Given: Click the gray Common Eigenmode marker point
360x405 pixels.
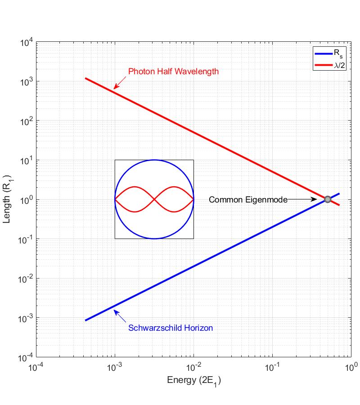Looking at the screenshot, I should [x=328, y=199].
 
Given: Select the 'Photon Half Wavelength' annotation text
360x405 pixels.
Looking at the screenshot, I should [x=173, y=71].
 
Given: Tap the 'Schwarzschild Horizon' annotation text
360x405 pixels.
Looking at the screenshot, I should [x=171, y=328].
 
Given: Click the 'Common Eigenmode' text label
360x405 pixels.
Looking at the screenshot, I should [x=248, y=199].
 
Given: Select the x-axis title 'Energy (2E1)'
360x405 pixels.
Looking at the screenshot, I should [x=194, y=381].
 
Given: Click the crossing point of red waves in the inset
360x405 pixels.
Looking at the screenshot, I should [x=154, y=199].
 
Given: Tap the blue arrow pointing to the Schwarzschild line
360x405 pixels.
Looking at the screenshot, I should [x=120, y=315].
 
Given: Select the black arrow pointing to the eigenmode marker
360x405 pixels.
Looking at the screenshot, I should [x=302, y=199].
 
